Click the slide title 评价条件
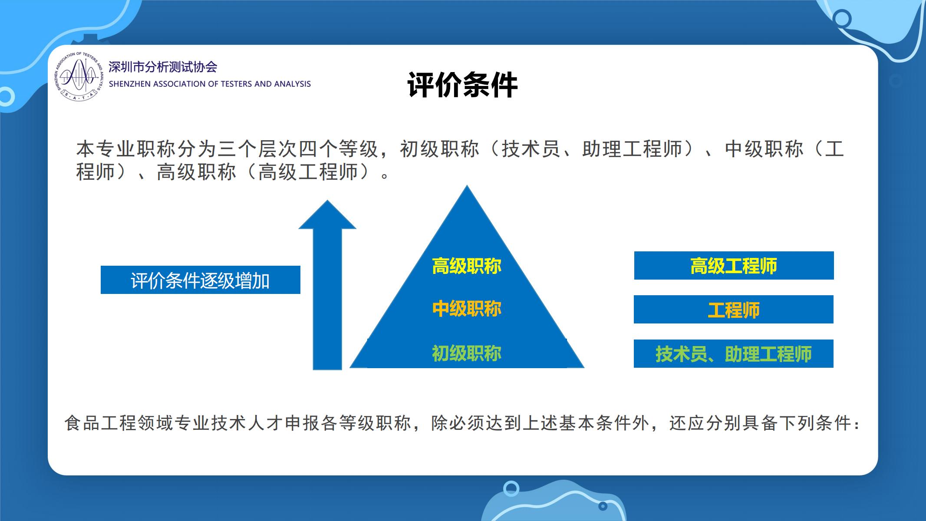pyautogui.click(x=462, y=86)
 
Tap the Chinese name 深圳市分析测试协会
pyautogui.click(x=163, y=67)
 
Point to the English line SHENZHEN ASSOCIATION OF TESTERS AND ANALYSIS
pyautogui.click(x=210, y=84)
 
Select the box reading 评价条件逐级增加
pyautogui.click(x=201, y=280)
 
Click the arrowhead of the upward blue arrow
pyautogui.click(x=327, y=214)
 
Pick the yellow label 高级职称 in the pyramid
pyautogui.click(x=467, y=266)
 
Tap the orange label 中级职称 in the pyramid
pyautogui.click(x=467, y=309)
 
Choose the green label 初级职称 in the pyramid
pyautogui.click(x=467, y=353)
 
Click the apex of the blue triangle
pyautogui.click(x=467, y=186)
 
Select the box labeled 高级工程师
pyautogui.click(x=734, y=266)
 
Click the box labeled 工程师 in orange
pyautogui.click(x=734, y=310)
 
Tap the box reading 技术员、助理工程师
pyautogui.click(x=734, y=354)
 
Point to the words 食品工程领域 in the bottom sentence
pyautogui.click(x=119, y=423)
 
